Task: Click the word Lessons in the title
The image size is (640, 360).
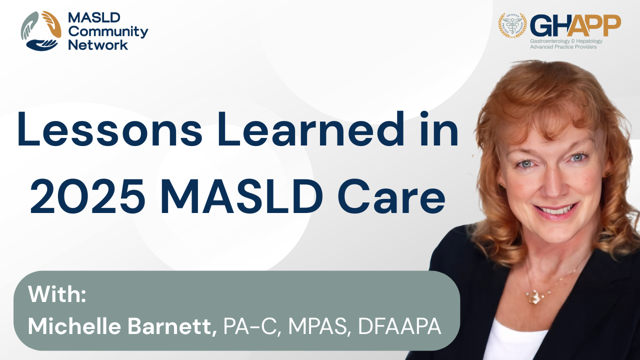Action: click(110, 129)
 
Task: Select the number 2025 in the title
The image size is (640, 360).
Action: click(87, 196)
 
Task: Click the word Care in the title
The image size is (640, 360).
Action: click(391, 196)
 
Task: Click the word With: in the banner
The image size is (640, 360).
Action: click(57, 294)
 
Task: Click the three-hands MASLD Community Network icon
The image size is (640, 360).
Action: click(41, 31)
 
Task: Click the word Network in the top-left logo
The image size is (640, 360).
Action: click(98, 45)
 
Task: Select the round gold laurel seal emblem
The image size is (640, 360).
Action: click(512, 25)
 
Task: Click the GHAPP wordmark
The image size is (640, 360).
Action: click(575, 25)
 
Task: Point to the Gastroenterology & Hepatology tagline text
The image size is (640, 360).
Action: click(566, 41)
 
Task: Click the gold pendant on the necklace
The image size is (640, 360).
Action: click(533, 296)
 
